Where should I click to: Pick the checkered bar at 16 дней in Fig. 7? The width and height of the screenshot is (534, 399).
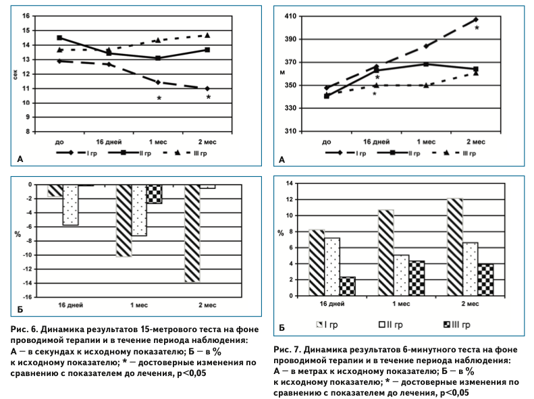[x=348, y=286]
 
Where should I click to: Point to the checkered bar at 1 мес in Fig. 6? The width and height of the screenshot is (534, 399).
[x=155, y=194]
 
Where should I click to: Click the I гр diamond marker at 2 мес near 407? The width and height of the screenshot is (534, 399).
[x=475, y=20]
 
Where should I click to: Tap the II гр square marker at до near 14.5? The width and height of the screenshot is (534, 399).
[x=59, y=38]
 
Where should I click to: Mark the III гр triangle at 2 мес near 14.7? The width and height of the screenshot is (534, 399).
[x=207, y=34]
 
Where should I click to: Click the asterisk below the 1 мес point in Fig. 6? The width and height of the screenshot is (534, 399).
[x=159, y=99]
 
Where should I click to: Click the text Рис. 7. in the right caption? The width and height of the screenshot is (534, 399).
[x=288, y=350]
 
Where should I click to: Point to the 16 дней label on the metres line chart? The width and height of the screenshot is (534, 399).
[x=377, y=142]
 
